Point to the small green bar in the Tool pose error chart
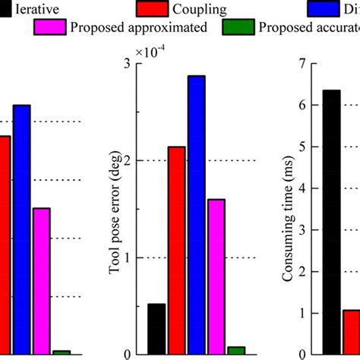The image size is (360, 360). [236, 349]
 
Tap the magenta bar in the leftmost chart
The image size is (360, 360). [41, 280]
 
